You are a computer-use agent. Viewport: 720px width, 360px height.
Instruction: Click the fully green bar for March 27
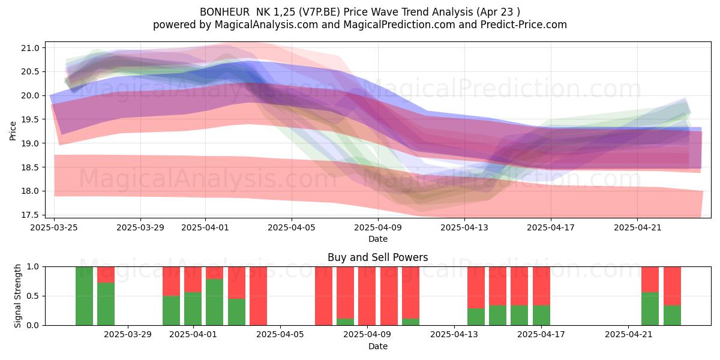pyautogui.click(x=84, y=296)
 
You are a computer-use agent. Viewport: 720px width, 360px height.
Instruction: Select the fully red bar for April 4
pyautogui.click(x=258, y=296)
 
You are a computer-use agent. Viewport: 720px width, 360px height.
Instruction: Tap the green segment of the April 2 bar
pyautogui.click(x=215, y=302)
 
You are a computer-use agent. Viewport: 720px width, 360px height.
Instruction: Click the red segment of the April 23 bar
pyautogui.click(x=672, y=286)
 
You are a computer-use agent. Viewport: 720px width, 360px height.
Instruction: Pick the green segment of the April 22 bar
pyautogui.click(x=650, y=308)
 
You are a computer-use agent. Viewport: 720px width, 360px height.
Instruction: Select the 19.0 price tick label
pyautogui.click(x=30, y=143)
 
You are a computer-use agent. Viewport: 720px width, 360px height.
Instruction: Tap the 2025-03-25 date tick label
pyautogui.click(x=54, y=227)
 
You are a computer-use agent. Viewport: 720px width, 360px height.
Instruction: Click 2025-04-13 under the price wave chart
pyautogui.click(x=464, y=227)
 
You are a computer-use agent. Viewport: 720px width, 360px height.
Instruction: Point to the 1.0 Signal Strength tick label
pyautogui.click(x=33, y=266)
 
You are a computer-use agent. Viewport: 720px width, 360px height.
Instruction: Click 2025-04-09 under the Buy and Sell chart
pyautogui.click(x=367, y=335)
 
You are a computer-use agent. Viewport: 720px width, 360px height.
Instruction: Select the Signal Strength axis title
pyautogui.click(x=17, y=296)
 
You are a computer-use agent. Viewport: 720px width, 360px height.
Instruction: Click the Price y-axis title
pyautogui.click(x=13, y=131)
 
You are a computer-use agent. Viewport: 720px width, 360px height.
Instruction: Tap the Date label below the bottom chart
pyautogui.click(x=377, y=346)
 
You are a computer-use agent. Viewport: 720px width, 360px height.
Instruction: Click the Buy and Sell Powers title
pyautogui.click(x=377, y=257)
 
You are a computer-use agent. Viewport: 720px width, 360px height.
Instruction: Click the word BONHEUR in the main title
pyautogui.click(x=224, y=12)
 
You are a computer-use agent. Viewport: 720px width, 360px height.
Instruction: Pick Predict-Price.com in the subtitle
pyautogui.click(x=524, y=25)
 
